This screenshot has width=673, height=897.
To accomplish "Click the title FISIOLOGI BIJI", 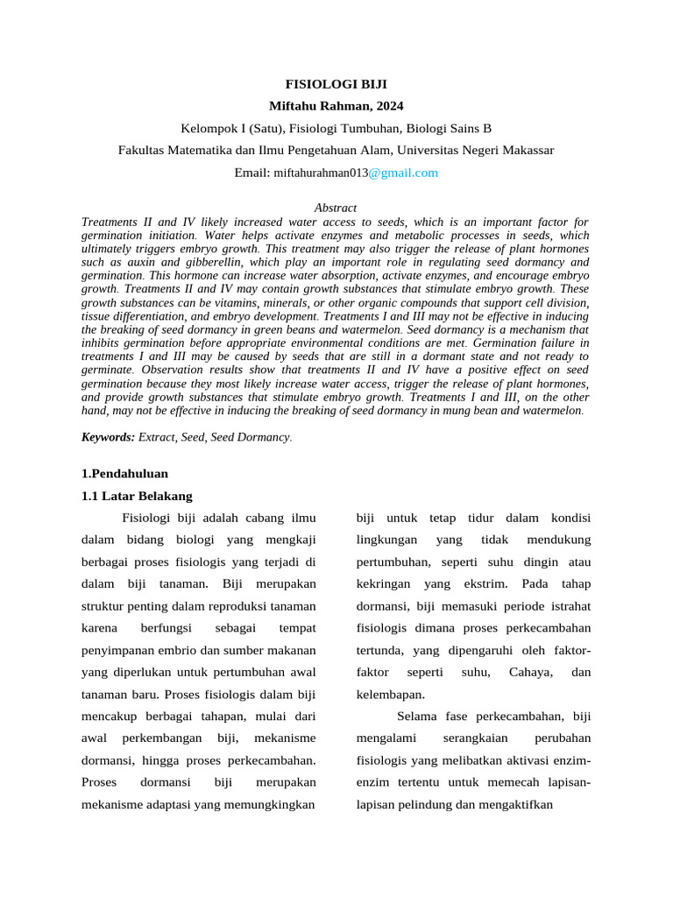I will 336,85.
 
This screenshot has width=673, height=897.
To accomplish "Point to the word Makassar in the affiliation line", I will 526,150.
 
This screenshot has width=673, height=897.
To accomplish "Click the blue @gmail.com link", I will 403,173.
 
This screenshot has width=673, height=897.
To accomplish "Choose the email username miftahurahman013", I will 321,173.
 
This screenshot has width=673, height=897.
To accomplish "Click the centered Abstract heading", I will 336,208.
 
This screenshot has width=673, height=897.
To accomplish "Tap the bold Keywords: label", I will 108,436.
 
